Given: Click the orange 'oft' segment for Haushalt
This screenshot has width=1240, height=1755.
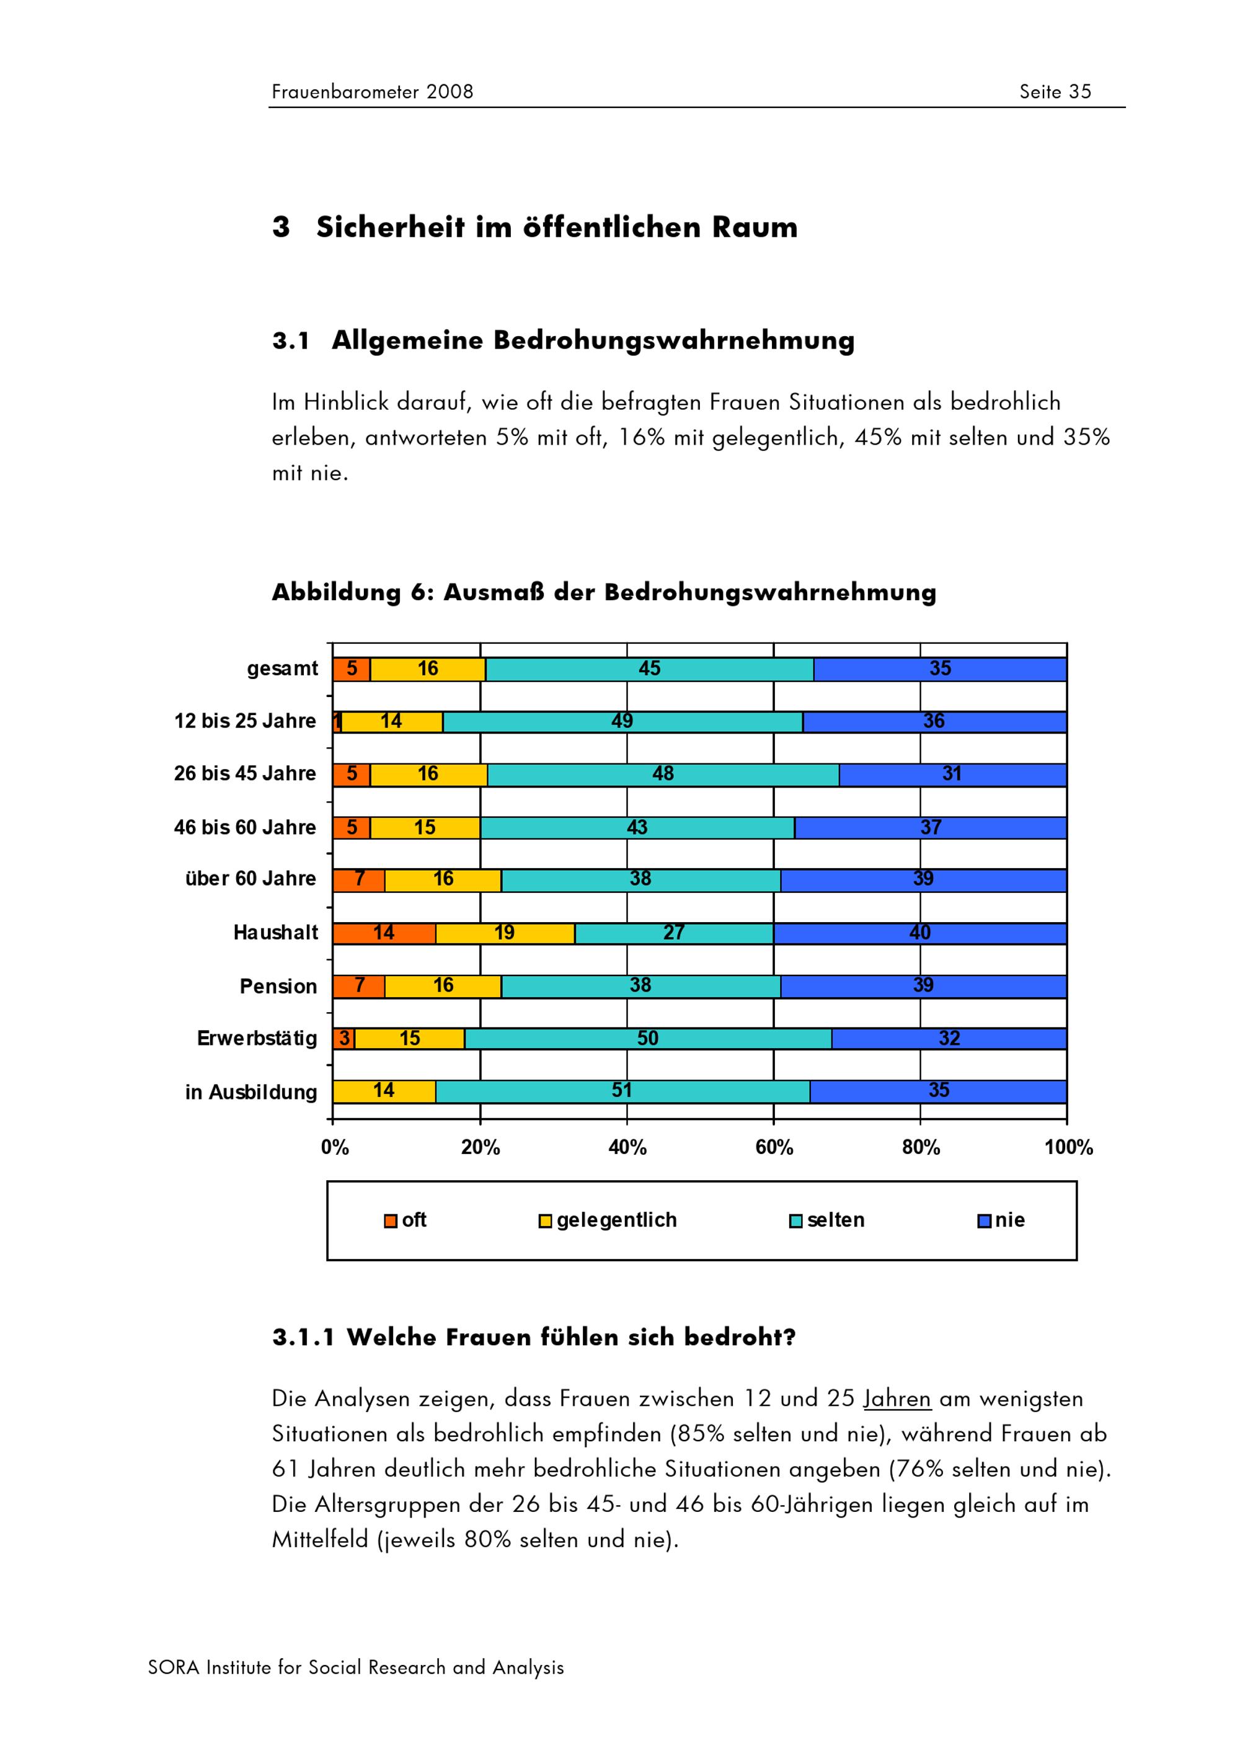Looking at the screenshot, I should coord(384,933).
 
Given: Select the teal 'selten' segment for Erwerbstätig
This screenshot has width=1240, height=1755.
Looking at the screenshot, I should coord(648,1039).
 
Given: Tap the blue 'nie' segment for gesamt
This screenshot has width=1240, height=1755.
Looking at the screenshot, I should coord(940,669).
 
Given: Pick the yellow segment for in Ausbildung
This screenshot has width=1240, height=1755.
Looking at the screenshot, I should coord(384,1091).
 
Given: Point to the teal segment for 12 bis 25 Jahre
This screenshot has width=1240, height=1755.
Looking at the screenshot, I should coord(622,722).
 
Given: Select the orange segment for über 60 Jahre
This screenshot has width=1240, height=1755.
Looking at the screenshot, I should coord(359,881).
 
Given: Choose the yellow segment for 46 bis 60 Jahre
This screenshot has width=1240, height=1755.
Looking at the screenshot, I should coord(425,828).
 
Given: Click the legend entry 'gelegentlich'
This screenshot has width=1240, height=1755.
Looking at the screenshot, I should coord(616,1220).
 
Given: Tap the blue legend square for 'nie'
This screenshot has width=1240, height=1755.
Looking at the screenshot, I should coord(984,1222).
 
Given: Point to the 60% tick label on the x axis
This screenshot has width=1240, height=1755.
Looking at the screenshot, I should coord(774,1147).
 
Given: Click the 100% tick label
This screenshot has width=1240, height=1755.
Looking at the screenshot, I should coord(1068,1147).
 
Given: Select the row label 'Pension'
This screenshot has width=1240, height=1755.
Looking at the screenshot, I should coord(278,987).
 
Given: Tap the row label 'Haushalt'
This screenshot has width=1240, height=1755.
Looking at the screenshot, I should coord(275,933).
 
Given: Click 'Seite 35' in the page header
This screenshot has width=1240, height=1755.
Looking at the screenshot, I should coord(1055,92).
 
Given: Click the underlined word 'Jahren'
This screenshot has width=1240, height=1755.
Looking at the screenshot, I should coord(897,1399).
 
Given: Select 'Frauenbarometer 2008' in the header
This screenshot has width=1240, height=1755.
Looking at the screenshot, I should coord(372,92).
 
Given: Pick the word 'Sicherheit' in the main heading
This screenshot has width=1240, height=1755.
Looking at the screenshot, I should coord(391,228).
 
